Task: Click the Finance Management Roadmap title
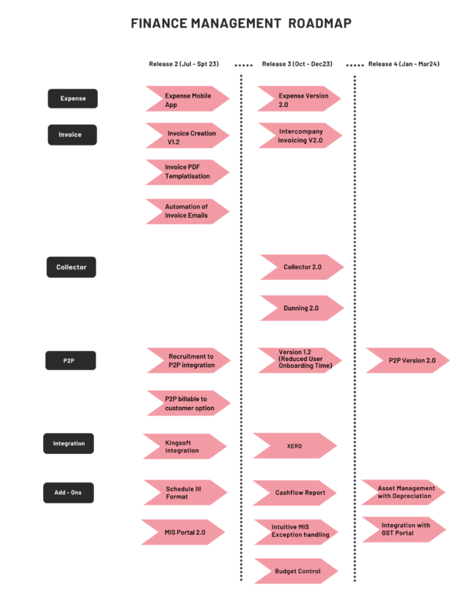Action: click(x=241, y=24)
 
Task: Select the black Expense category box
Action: click(x=73, y=98)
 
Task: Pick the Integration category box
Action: click(x=69, y=443)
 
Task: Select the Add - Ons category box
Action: click(x=68, y=493)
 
